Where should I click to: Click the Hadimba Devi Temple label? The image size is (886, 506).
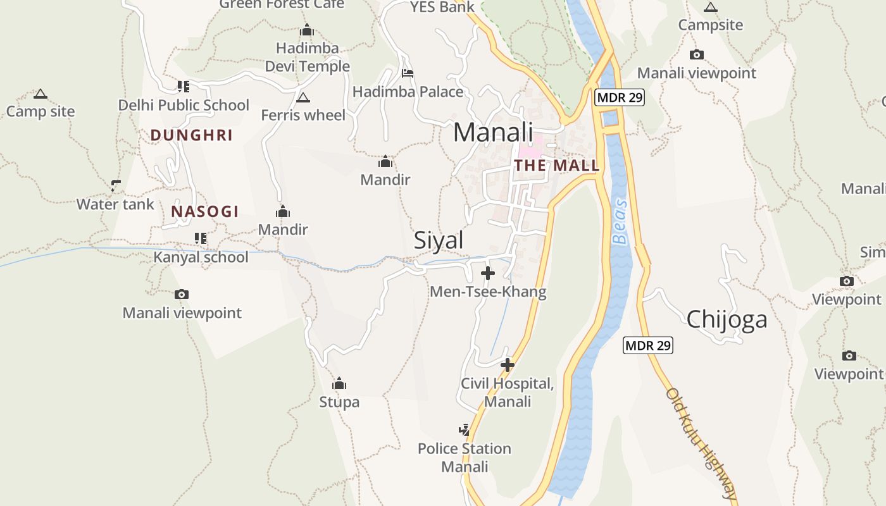click(x=307, y=58)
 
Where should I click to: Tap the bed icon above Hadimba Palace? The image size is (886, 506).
click(x=408, y=73)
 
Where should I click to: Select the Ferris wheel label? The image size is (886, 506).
click(x=303, y=115)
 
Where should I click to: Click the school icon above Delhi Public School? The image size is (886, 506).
click(x=183, y=86)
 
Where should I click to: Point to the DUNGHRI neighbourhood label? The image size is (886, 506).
click(x=192, y=135)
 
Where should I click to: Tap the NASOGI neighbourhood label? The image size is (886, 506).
click(x=204, y=211)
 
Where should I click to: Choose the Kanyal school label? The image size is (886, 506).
click(x=201, y=257)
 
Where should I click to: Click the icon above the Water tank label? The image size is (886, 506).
click(x=116, y=185)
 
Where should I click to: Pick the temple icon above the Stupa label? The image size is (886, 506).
click(x=339, y=383)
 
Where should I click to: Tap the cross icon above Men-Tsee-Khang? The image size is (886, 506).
click(x=488, y=273)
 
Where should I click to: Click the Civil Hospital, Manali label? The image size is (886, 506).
click(x=507, y=393)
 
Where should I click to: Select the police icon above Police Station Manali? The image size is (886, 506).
click(x=465, y=430)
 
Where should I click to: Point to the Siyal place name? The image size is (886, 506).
click(x=439, y=240)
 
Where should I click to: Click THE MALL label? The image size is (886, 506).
click(x=557, y=166)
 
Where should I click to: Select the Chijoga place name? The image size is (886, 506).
click(x=727, y=319)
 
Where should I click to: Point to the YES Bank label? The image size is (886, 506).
click(x=442, y=7)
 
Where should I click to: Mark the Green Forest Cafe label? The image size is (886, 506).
click(x=282, y=4)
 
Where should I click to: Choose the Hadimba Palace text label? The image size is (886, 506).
click(x=408, y=92)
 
